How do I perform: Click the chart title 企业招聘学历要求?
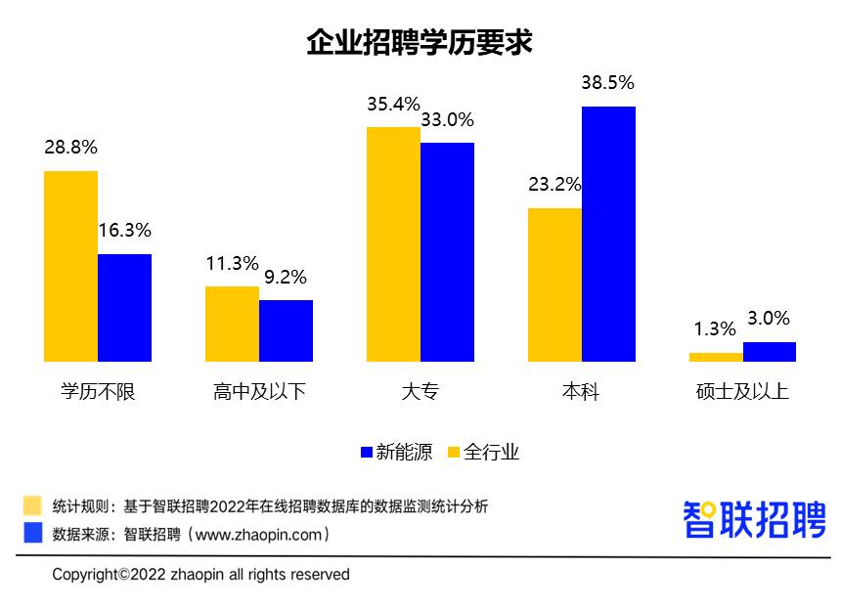420,42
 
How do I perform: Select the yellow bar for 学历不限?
70,266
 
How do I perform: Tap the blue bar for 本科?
608,234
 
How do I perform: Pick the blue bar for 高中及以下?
286,330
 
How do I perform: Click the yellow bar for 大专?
393,244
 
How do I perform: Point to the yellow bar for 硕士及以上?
716,357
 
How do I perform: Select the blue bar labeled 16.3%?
124,308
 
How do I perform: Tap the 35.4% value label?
393,105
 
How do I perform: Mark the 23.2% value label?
554,185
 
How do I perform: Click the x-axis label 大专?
420,392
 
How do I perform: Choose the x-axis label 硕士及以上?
742,392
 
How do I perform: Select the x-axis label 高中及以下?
258,392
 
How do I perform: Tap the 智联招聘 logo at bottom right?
754,519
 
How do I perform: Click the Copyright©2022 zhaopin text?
200,574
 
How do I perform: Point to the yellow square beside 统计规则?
33,505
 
